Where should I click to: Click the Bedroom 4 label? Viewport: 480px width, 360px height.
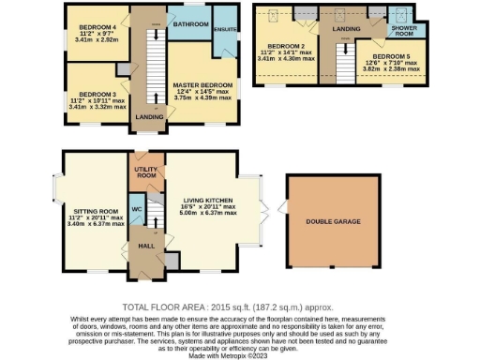pyautogui.click(x=97, y=25)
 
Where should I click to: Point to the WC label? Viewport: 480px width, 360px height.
pyautogui.click(x=136, y=208)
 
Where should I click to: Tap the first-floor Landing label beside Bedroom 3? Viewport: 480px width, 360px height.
pyautogui.click(x=145, y=116)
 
